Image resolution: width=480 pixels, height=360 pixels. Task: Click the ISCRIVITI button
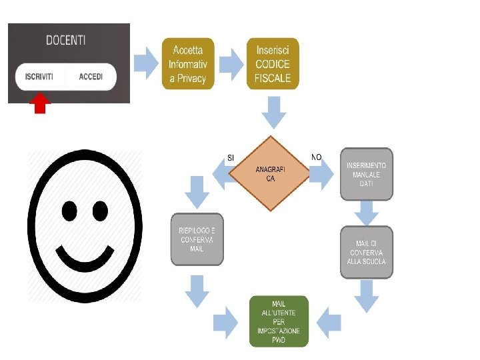click(x=39, y=77)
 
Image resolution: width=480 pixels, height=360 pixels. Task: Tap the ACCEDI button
click(x=91, y=77)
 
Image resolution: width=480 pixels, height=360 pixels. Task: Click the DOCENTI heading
click(x=65, y=41)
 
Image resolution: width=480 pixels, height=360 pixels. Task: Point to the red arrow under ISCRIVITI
click(x=40, y=103)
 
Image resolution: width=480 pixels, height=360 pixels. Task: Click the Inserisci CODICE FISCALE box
click(x=273, y=64)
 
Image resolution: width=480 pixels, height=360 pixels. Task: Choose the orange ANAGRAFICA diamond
click(x=270, y=173)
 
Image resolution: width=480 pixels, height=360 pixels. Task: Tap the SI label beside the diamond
click(x=231, y=158)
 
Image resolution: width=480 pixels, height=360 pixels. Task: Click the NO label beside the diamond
click(x=316, y=157)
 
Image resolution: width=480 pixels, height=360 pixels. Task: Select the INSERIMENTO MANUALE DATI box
click(x=366, y=174)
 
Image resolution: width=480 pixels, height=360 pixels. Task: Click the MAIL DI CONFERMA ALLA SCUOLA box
click(x=366, y=253)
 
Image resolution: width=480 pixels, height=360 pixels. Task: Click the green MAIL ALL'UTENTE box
click(x=279, y=321)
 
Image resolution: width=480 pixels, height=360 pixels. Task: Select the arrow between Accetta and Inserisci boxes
click(x=231, y=63)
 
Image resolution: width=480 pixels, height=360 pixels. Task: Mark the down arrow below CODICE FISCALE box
click(x=274, y=112)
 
